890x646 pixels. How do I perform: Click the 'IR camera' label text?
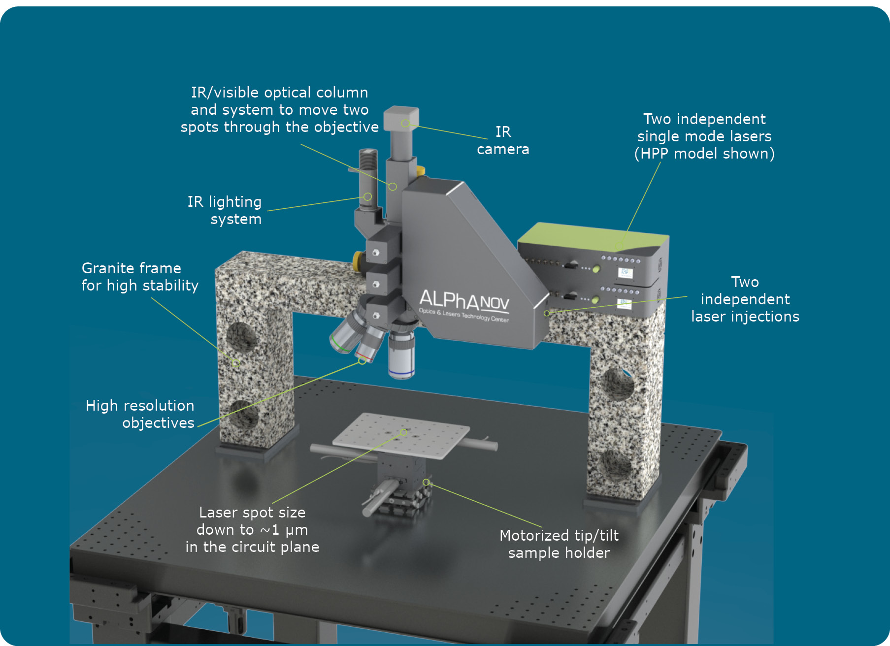click(503, 140)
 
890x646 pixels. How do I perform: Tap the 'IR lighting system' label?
click(225, 210)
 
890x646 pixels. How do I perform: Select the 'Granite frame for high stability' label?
click(140, 277)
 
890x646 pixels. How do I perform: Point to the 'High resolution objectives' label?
click(140, 414)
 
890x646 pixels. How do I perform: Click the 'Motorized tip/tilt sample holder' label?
click(559, 544)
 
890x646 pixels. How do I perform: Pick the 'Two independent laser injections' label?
click(745, 299)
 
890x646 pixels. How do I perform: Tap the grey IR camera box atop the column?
click(401, 118)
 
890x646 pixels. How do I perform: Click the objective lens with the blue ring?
click(401, 355)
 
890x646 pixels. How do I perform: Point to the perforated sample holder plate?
click(401, 435)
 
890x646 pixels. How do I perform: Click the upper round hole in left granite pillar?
click(241, 337)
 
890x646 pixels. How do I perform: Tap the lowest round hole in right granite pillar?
click(616, 463)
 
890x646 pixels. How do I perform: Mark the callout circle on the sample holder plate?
click(403, 432)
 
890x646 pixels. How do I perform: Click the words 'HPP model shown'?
click(704, 154)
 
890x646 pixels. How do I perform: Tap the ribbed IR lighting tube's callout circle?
click(367, 196)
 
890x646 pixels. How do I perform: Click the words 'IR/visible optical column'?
click(280, 93)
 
